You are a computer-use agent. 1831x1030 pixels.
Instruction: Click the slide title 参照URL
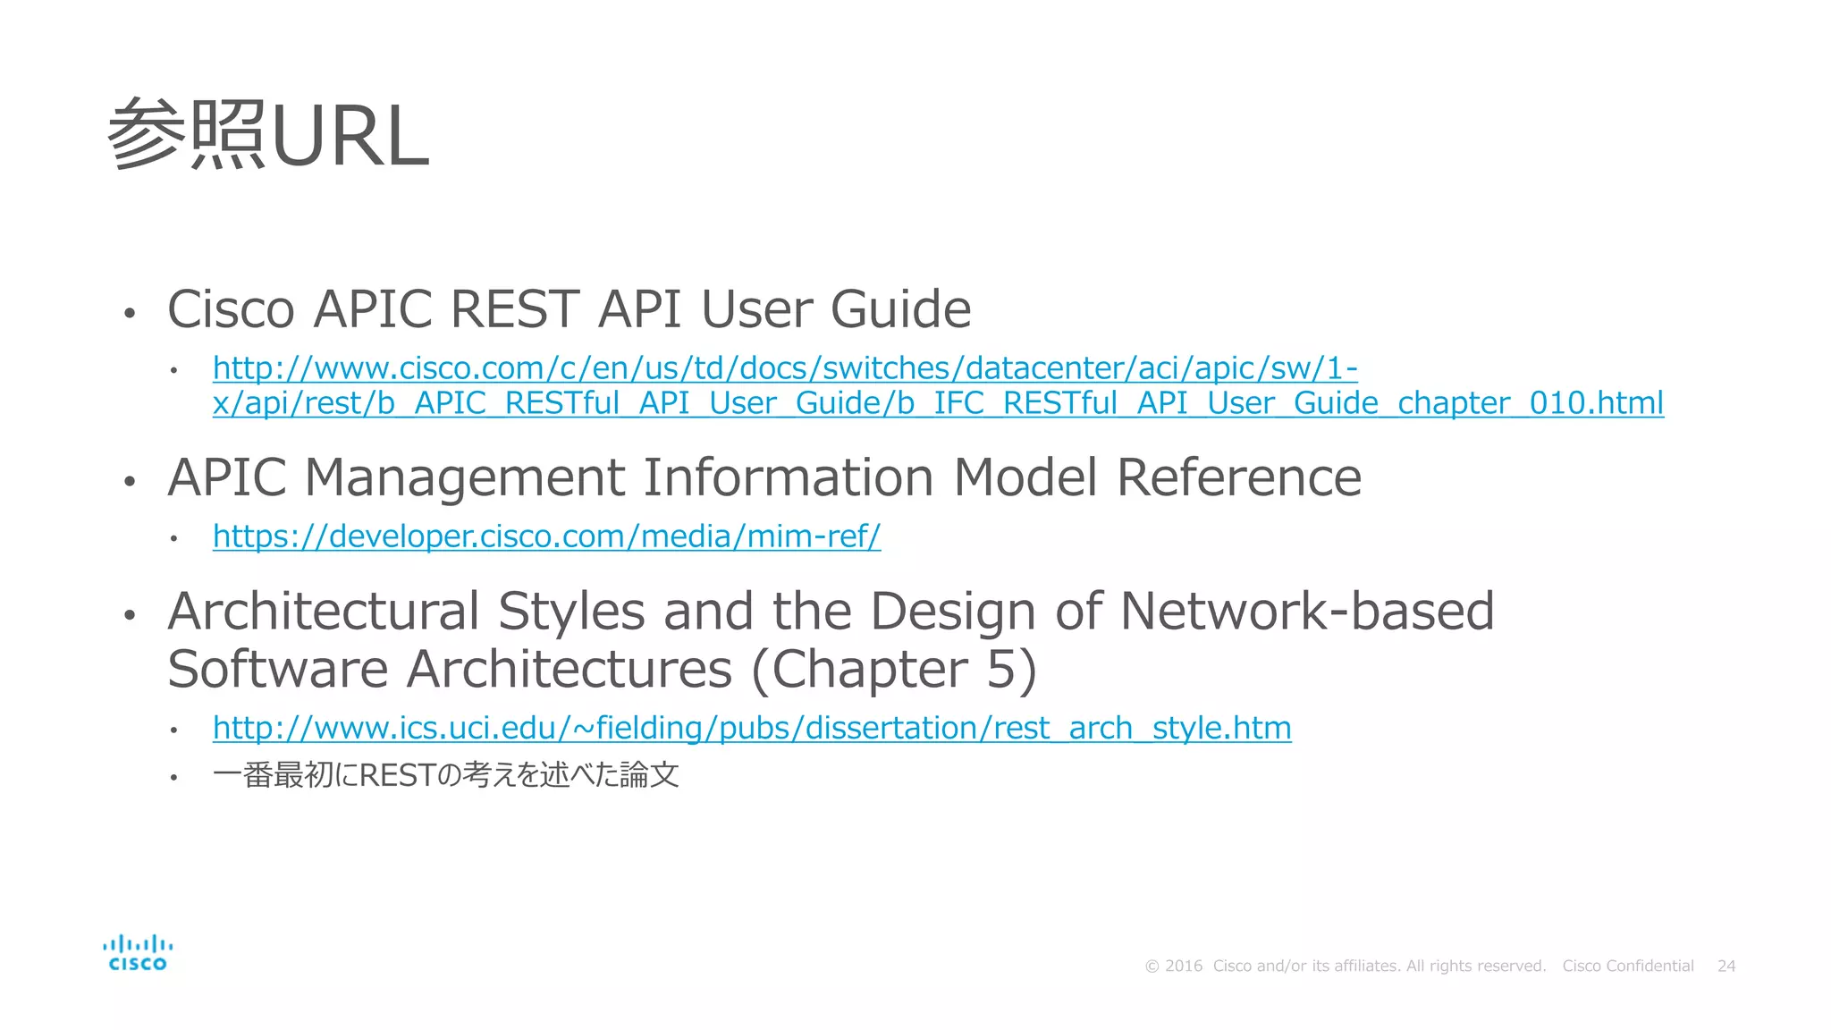[x=268, y=136]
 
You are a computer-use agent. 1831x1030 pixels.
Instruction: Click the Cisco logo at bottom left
[x=138, y=953]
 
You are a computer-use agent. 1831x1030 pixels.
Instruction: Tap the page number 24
[x=1726, y=967]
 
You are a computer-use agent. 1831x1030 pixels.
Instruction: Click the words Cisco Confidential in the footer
[x=1627, y=967]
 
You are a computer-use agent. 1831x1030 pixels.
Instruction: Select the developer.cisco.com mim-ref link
[x=546, y=536]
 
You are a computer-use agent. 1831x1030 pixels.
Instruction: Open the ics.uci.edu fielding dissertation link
[x=751, y=728]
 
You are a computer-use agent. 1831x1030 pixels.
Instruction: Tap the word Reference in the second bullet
[x=1238, y=477]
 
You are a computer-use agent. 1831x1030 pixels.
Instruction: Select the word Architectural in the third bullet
[x=324, y=612]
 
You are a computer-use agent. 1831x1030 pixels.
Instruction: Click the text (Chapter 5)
[x=894, y=670]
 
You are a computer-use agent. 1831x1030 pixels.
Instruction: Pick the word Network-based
[x=1306, y=612]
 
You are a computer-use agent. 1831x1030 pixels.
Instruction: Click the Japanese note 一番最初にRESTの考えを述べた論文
[x=445, y=775]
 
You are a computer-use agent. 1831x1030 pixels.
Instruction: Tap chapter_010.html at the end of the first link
[x=1530, y=403]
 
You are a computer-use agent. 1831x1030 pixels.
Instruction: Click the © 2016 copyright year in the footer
[x=1174, y=967]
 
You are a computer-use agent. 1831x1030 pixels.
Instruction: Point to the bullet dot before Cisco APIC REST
[x=130, y=313]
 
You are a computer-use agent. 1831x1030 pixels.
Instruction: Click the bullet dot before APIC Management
[x=130, y=481]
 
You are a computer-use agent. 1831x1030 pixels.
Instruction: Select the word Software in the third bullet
[x=277, y=670]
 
